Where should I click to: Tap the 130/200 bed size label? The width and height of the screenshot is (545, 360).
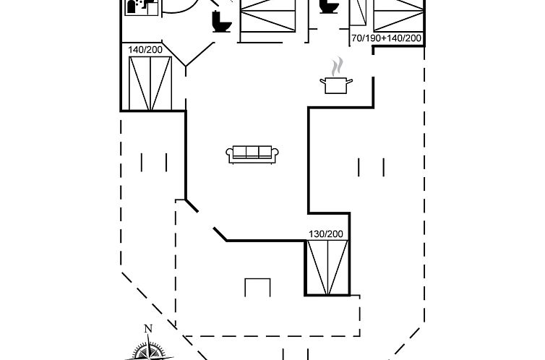pos(326,234)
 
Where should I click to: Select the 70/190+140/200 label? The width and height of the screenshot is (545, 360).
pos(387,38)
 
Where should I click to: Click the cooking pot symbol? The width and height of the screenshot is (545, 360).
pos(335,85)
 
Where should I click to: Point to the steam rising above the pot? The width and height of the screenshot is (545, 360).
pos(335,67)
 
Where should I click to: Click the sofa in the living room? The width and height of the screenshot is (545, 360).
pos(253,153)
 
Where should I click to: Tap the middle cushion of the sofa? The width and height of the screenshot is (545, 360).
pos(253,152)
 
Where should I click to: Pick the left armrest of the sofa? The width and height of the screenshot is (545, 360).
pos(231,154)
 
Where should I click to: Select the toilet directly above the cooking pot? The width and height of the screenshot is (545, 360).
pos(329,7)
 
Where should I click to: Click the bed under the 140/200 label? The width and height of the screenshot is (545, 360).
pos(150,82)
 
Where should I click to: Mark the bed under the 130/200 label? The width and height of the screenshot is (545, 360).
pos(327,267)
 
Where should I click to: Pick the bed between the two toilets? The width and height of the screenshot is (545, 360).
pos(267,17)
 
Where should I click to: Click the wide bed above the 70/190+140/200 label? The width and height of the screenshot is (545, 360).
pos(398,14)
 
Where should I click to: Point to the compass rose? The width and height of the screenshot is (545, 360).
pos(150,351)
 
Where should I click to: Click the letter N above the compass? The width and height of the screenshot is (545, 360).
pos(148,329)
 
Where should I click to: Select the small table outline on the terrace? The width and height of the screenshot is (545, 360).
pos(258,287)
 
